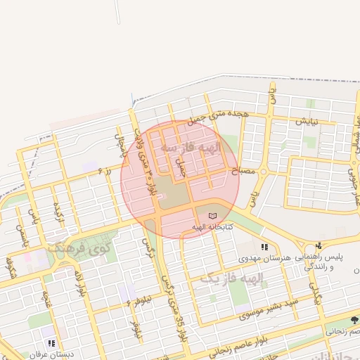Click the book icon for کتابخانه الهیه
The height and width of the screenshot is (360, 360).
tap(212, 214)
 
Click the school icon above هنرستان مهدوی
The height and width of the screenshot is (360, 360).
tap(264, 247)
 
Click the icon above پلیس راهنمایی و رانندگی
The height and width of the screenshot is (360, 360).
tap(319, 246)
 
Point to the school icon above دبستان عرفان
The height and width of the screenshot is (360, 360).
tap(51, 343)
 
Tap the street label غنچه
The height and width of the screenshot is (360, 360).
tap(47, 298)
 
